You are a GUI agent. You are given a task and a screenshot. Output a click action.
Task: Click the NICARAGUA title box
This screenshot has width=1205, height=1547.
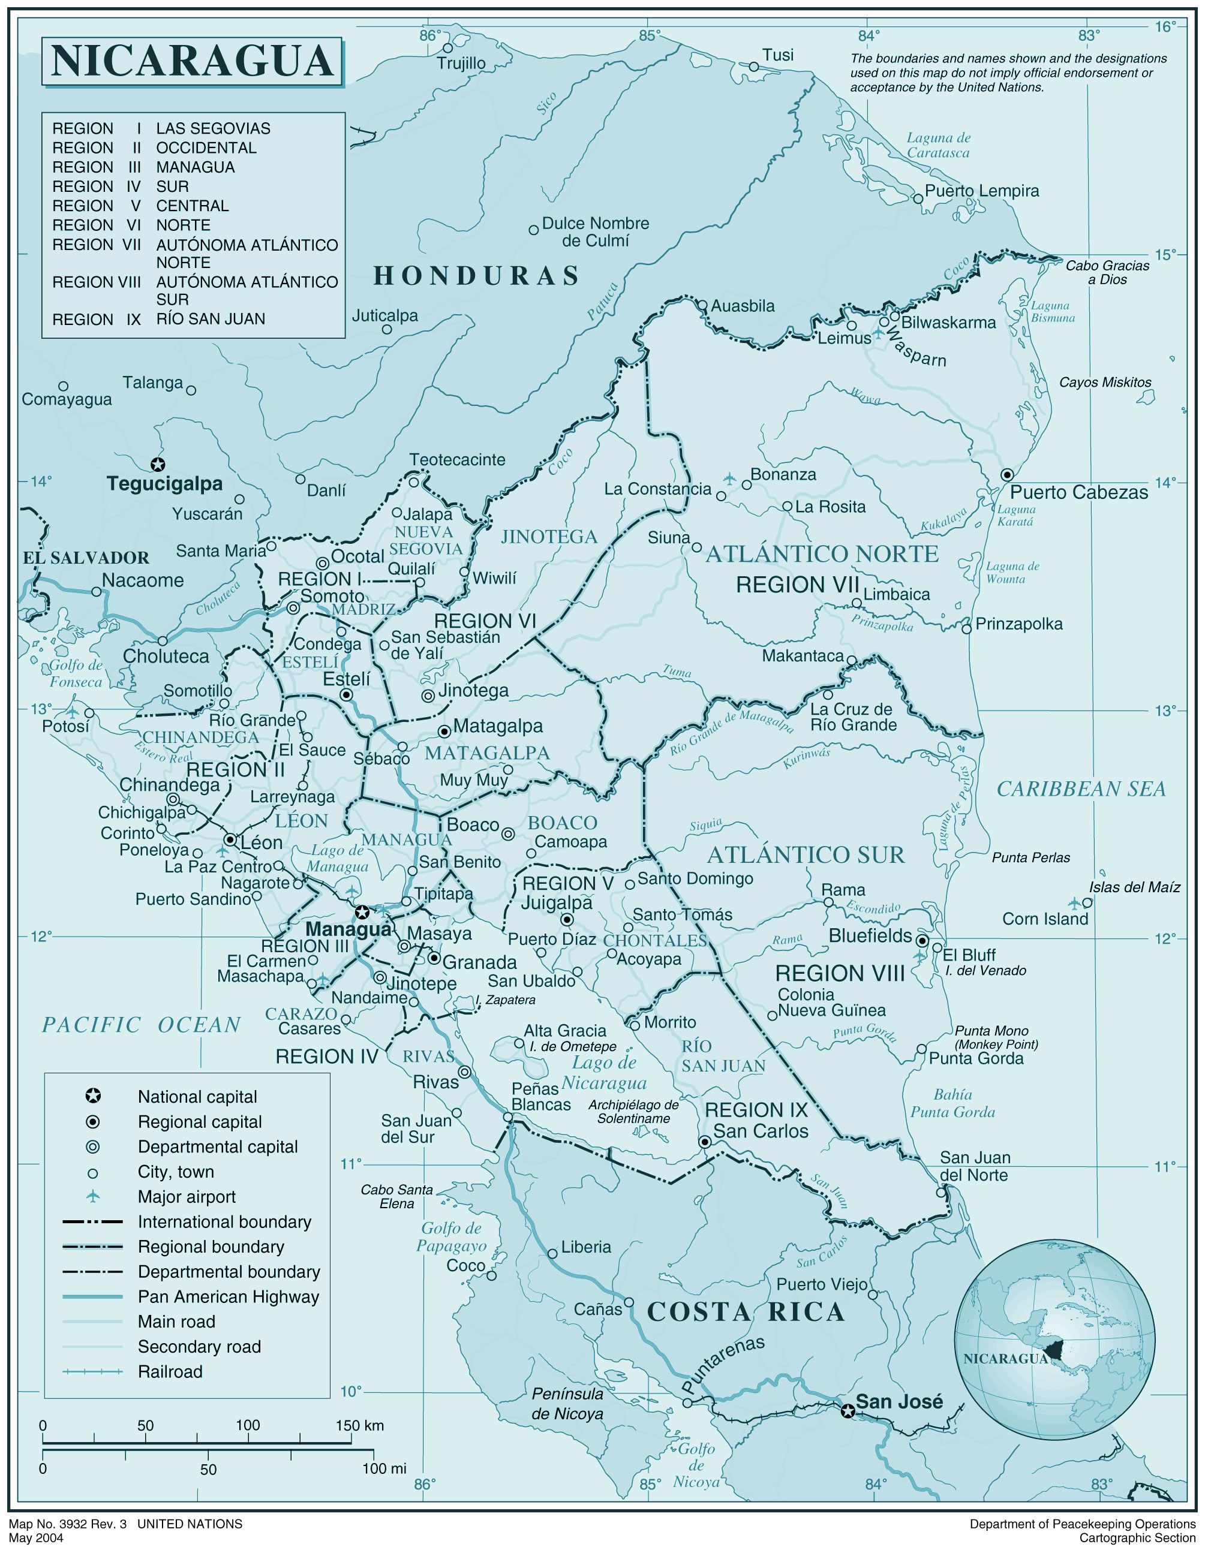pyautogui.click(x=192, y=62)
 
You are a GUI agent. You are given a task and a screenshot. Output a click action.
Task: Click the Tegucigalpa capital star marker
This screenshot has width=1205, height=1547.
pyautogui.click(x=158, y=465)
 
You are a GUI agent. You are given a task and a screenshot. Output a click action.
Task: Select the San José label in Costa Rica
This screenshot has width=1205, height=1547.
pyautogui.click(x=899, y=1401)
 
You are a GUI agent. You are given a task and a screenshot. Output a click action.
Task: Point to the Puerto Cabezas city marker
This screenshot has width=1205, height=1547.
pyautogui.click(x=1006, y=474)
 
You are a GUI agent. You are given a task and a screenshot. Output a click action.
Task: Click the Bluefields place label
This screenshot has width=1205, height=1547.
pyautogui.click(x=870, y=936)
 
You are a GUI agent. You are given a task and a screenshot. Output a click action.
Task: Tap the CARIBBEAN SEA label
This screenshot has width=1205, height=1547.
pyautogui.click(x=1081, y=789)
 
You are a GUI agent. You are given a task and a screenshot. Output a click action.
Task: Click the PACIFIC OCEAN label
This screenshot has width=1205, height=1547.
pyautogui.click(x=142, y=1025)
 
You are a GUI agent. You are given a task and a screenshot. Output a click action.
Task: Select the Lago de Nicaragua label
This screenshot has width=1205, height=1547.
pyautogui.click(x=604, y=1073)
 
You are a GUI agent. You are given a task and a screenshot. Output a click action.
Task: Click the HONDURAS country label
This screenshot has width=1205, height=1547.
pyautogui.click(x=477, y=276)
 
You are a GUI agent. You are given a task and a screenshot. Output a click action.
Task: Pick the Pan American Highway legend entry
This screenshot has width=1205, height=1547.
pyautogui.click(x=228, y=1296)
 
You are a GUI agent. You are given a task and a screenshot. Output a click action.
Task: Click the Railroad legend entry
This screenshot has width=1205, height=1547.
pyautogui.click(x=170, y=1371)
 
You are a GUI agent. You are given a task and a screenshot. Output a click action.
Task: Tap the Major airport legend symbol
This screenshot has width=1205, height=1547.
pyautogui.click(x=93, y=1196)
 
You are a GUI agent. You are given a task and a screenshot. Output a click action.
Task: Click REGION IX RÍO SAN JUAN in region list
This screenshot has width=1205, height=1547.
pyautogui.click(x=159, y=320)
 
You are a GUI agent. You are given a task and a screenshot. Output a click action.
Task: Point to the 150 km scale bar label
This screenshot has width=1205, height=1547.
pyautogui.click(x=359, y=1425)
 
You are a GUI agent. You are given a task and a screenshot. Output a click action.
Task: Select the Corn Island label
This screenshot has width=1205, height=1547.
pyautogui.click(x=1045, y=919)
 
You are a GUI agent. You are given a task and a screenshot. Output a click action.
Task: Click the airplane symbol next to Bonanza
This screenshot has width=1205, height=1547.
pyautogui.click(x=730, y=479)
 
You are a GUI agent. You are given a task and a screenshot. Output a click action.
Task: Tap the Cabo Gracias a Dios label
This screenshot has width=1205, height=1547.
pyautogui.click(x=1107, y=272)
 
